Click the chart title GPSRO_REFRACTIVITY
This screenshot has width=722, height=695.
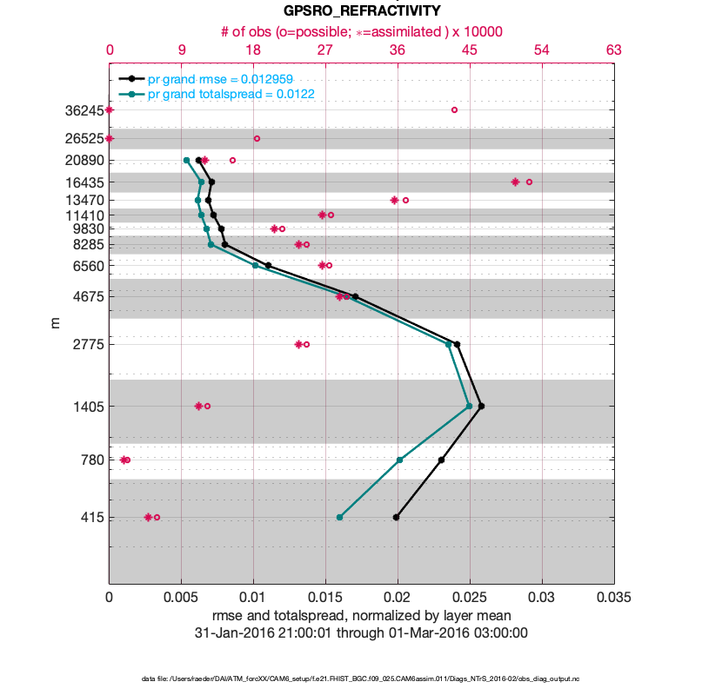pyautogui.click(x=362, y=11)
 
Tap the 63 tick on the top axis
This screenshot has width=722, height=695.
pyautogui.click(x=614, y=51)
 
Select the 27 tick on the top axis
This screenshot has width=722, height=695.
pyautogui.click(x=325, y=51)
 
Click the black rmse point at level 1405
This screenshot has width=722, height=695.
pyautogui.click(x=481, y=406)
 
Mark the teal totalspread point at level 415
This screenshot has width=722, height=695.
pyautogui.click(x=339, y=517)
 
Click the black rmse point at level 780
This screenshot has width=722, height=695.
pyautogui.click(x=441, y=460)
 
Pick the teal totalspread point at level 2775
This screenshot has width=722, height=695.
pyautogui.click(x=449, y=344)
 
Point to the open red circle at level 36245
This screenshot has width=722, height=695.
pyautogui.click(x=454, y=109)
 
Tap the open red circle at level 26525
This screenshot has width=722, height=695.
pyautogui.click(x=257, y=138)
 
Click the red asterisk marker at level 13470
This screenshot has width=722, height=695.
pyautogui.click(x=394, y=200)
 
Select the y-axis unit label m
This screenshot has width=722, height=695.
pyautogui.click(x=55, y=323)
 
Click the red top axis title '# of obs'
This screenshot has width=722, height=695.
pyautogui.click(x=362, y=31)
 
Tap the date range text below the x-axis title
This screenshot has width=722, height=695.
pyautogui.click(x=362, y=632)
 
